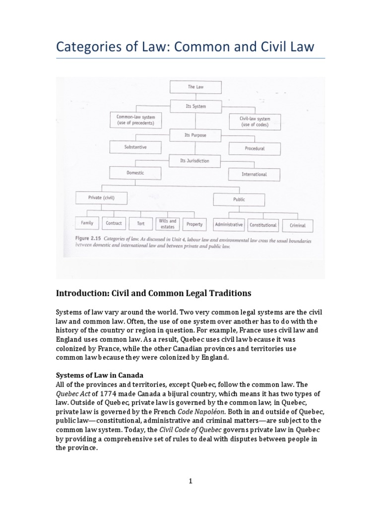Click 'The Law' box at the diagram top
(195, 87)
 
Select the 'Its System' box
(195, 106)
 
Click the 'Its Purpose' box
(195, 134)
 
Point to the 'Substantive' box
(135, 147)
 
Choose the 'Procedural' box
(254, 148)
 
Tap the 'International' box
(254, 174)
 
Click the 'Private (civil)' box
(102, 197)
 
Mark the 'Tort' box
(141, 224)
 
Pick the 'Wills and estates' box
(168, 224)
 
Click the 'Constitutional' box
(263, 225)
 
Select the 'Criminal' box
(298, 226)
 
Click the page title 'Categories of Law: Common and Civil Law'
(185, 47)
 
